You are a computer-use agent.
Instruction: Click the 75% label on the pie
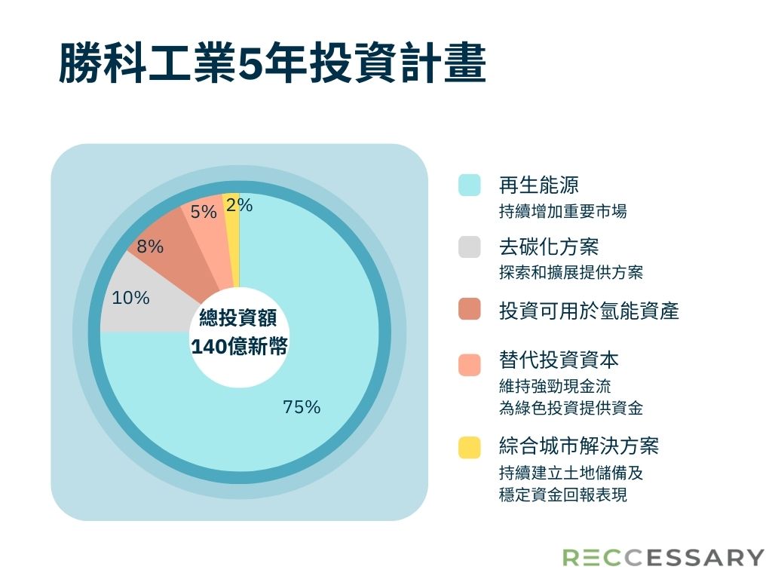302,407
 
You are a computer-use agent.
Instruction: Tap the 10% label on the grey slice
130,297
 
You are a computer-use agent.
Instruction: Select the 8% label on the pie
150,247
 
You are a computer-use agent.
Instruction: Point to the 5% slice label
204,212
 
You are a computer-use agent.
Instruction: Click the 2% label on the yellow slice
239,205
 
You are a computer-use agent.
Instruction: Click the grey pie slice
142,300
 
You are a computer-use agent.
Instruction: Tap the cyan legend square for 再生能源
469,185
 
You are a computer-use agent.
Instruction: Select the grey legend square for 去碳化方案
469,247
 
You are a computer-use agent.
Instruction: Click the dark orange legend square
469,309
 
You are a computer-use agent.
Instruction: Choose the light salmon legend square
469,365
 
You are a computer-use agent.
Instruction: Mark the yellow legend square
469,447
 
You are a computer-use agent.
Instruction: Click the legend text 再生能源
538,185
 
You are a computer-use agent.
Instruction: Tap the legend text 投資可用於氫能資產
589,310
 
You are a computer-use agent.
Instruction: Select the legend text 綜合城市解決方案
578,446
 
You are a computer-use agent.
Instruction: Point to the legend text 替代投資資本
559,360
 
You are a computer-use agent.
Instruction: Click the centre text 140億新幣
239,347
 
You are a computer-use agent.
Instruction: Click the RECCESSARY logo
663,557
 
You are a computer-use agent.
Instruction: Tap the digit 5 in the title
250,64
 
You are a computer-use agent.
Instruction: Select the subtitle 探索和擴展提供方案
571,272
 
